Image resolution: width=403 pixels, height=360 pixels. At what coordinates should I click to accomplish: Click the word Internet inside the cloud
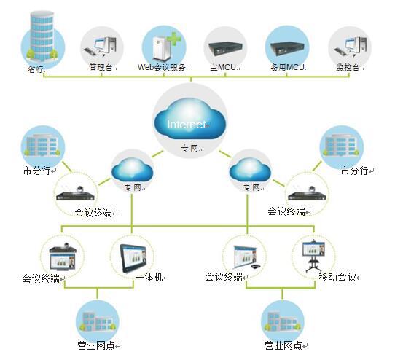[187, 125]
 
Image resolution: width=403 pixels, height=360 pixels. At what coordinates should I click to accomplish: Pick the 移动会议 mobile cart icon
[313, 256]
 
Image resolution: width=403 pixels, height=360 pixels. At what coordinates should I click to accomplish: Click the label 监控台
[348, 67]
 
